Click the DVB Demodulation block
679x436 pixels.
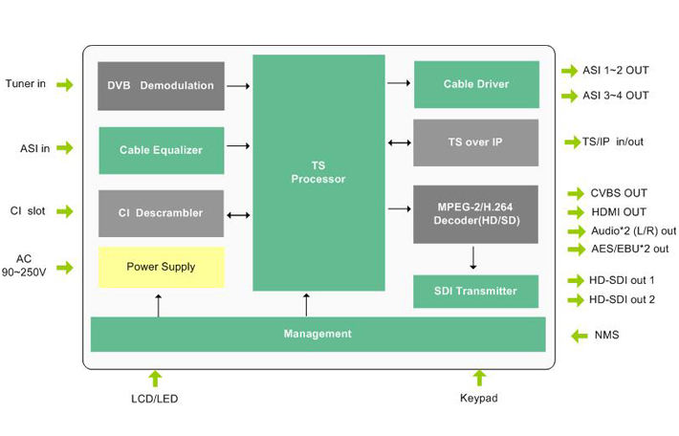coord(161,86)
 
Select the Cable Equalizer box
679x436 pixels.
coord(161,150)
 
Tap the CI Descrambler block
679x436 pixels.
coord(161,213)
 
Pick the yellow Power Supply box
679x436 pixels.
coord(161,267)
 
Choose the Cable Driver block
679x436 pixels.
coord(475,85)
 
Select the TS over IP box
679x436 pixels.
coord(475,142)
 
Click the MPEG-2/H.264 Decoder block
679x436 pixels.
coord(475,213)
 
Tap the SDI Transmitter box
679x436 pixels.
coord(475,291)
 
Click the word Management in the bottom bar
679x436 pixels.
coord(318,334)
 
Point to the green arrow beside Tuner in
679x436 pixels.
coord(64,85)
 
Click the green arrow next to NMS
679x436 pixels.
coord(579,336)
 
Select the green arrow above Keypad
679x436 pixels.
coord(480,378)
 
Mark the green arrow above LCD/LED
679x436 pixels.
coord(156,378)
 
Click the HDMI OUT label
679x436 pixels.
coord(619,212)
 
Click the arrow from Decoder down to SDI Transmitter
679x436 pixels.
coord(473,257)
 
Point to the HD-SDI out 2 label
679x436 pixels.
coord(622,300)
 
